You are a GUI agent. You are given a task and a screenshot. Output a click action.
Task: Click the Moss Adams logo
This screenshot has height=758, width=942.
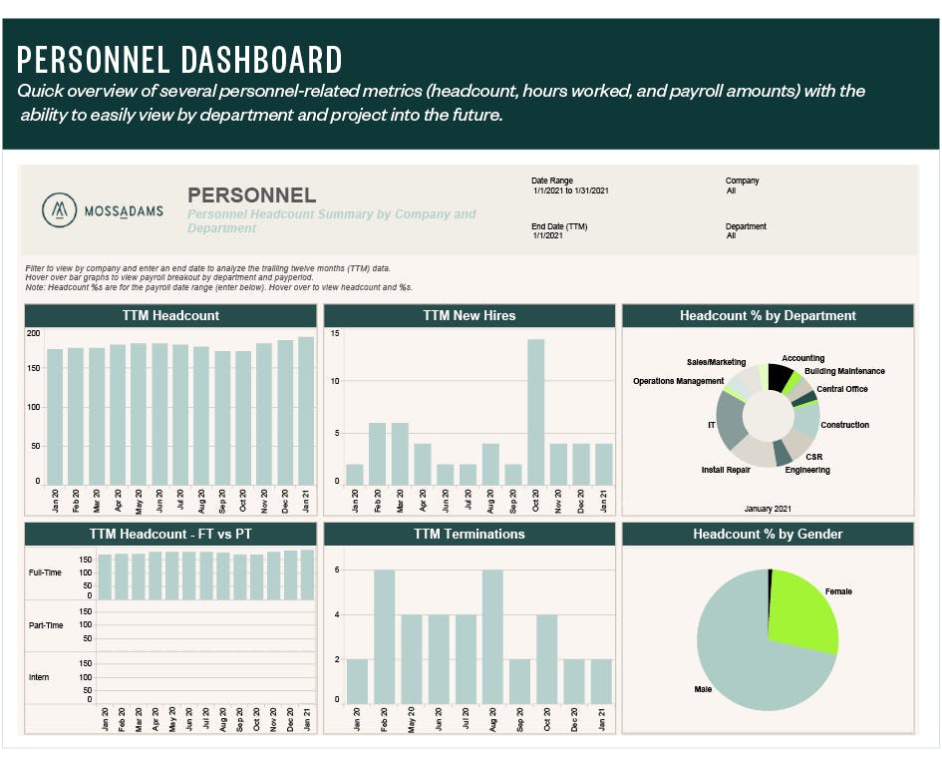(x=102, y=210)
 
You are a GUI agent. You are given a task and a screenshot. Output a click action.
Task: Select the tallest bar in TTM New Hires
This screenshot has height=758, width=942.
(x=536, y=411)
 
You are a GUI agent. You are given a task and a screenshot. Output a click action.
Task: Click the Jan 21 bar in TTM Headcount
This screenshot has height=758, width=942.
(x=305, y=410)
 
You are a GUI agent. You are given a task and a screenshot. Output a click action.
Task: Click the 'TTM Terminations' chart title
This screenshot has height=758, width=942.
(x=469, y=535)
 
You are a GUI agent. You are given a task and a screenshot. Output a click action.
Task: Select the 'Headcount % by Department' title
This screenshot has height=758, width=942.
(x=768, y=316)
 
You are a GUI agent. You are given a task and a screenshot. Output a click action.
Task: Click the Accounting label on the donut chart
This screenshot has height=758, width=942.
(x=802, y=358)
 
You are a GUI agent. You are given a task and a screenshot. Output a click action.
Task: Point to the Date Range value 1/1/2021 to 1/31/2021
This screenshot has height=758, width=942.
(x=570, y=190)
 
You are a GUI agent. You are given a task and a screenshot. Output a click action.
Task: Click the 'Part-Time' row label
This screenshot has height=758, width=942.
(x=46, y=625)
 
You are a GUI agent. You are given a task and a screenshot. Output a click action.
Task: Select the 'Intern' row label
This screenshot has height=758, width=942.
(x=39, y=677)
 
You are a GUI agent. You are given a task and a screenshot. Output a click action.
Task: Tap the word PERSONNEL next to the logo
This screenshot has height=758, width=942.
(x=251, y=195)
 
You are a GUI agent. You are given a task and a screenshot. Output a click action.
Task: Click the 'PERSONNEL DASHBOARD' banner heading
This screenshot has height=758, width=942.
(x=179, y=60)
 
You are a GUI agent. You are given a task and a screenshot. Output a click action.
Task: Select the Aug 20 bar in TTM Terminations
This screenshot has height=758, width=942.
(x=491, y=637)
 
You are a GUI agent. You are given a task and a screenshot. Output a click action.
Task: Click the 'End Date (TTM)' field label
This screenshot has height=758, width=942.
(x=559, y=226)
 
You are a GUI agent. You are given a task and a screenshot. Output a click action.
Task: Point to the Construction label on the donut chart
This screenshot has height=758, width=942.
(x=844, y=425)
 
